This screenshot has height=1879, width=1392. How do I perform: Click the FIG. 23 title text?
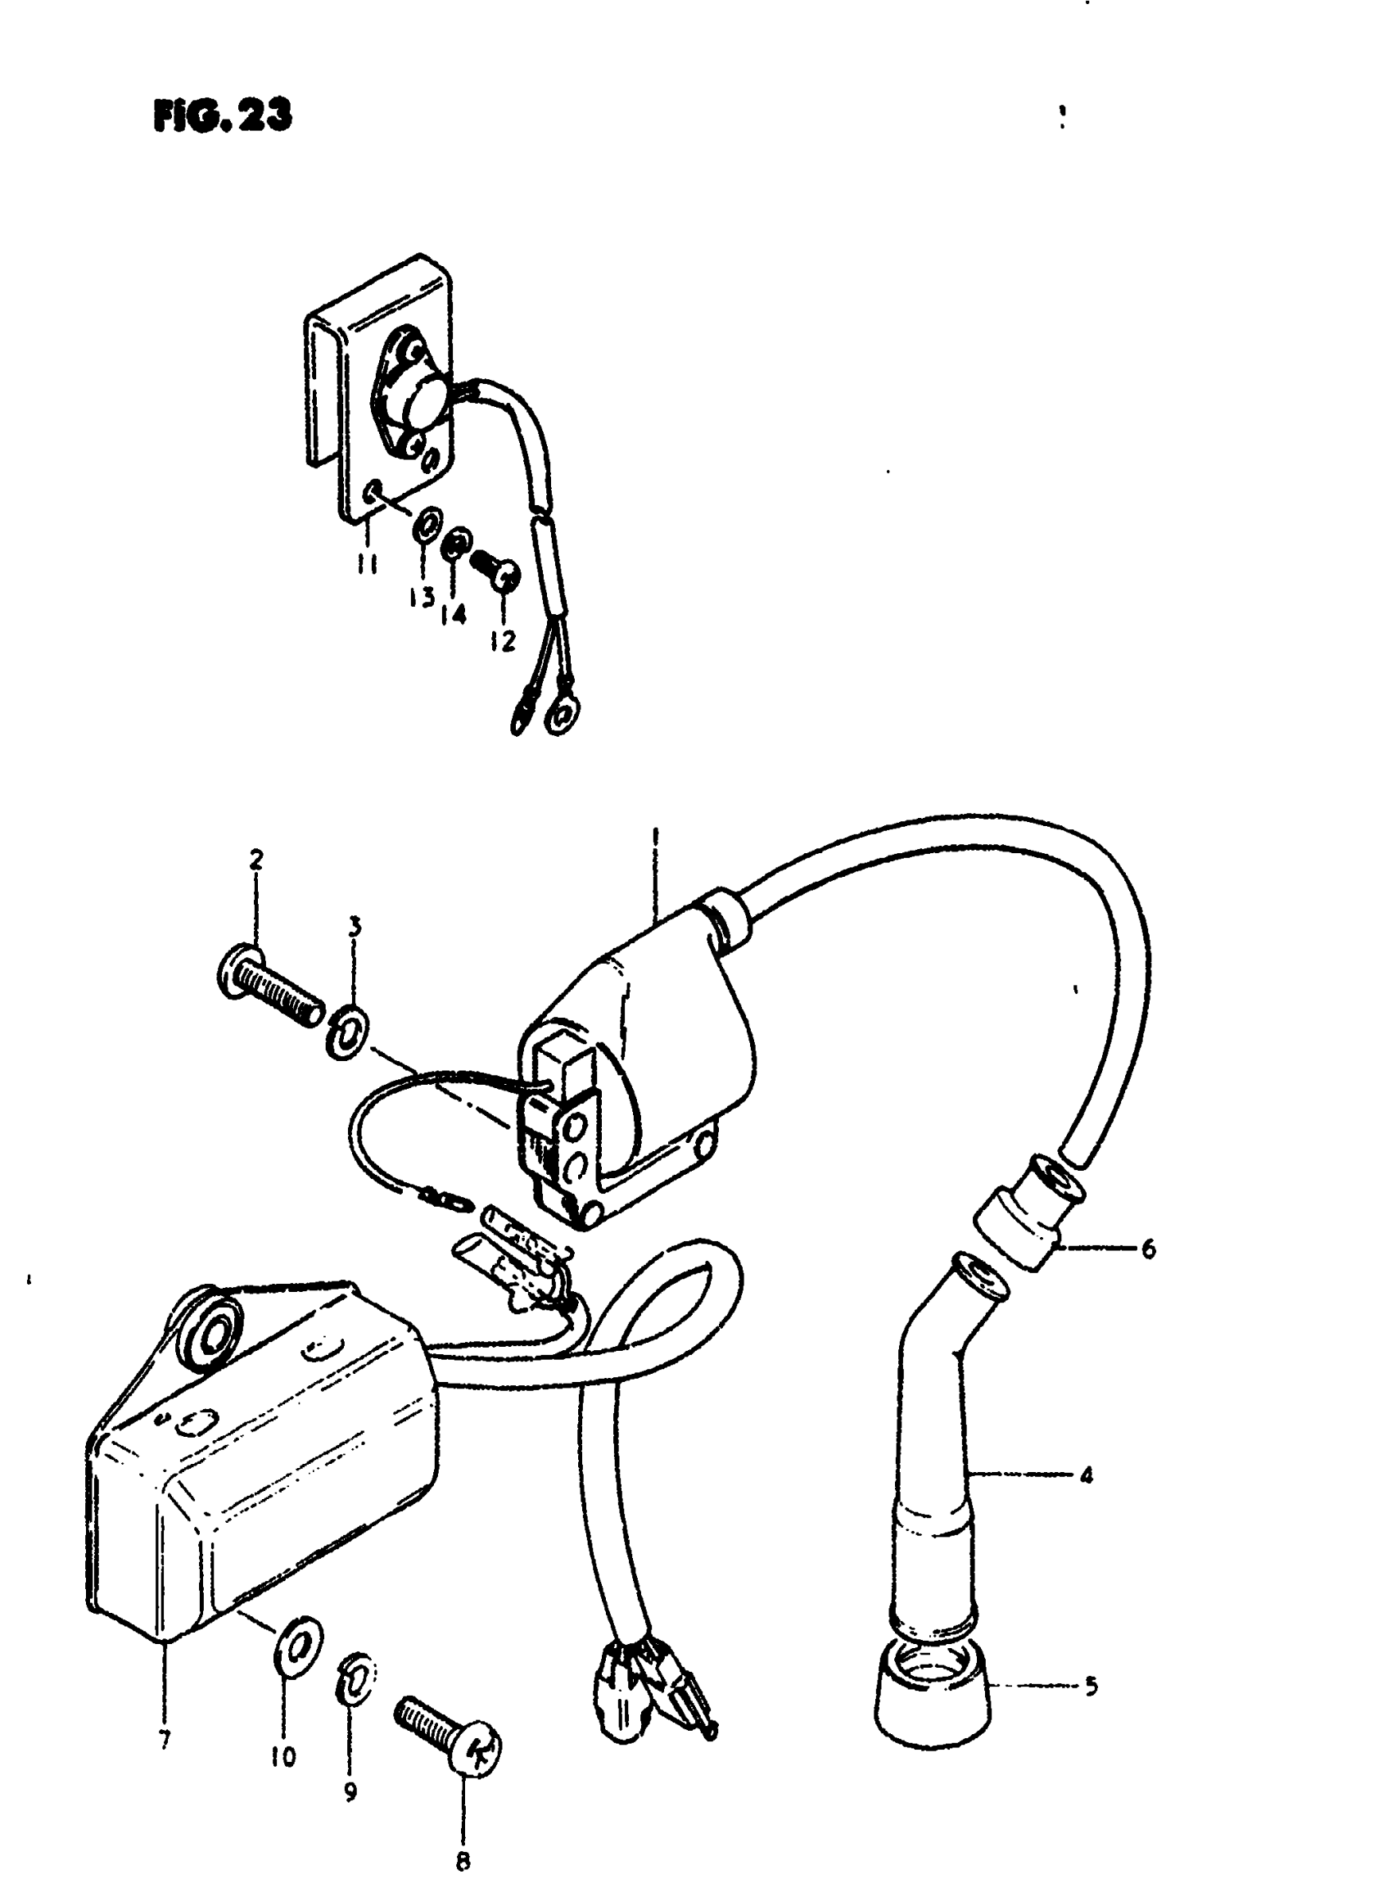(x=223, y=116)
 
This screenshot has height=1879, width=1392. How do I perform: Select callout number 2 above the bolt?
(x=256, y=860)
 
